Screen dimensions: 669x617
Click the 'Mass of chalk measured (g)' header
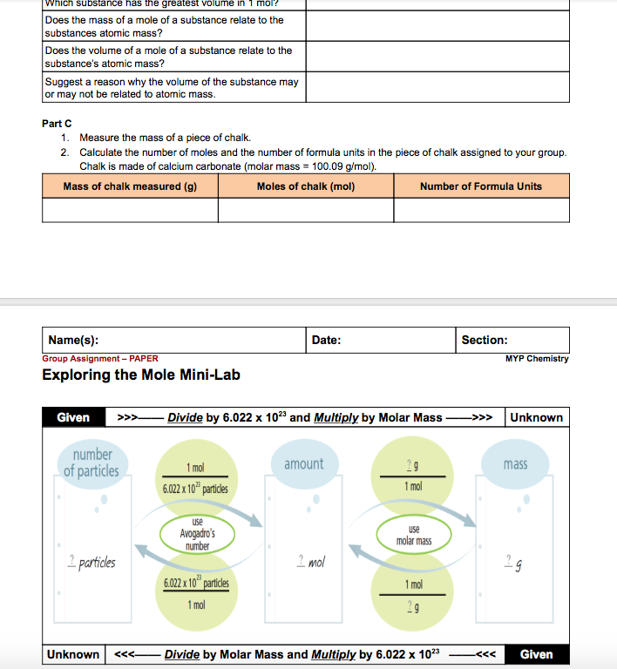(x=130, y=186)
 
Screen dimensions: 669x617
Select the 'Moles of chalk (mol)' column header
(x=305, y=186)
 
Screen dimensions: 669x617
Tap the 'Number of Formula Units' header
(x=481, y=186)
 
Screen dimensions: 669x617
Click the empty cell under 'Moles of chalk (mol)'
(x=305, y=210)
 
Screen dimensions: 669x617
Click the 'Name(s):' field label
(x=73, y=341)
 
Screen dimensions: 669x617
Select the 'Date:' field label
(x=326, y=341)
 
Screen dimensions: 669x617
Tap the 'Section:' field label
(x=485, y=341)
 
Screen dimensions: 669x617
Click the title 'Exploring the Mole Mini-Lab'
(x=141, y=375)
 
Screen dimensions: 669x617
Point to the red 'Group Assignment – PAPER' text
(x=100, y=359)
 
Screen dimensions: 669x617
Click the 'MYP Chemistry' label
(x=537, y=359)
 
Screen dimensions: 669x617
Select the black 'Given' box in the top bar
(x=73, y=417)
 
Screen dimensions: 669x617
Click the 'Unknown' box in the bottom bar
(x=73, y=654)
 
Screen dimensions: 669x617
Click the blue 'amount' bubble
(x=303, y=464)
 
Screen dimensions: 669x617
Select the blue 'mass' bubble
(x=515, y=464)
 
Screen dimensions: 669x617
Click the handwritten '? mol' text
(x=310, y=563)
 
